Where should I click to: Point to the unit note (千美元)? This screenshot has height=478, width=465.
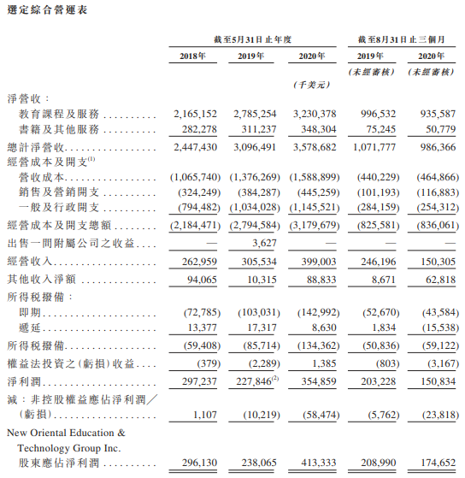pyautogui.click(x=306, y=85)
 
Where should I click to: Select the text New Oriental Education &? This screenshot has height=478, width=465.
pyautogui.click(x=66, y=433)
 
